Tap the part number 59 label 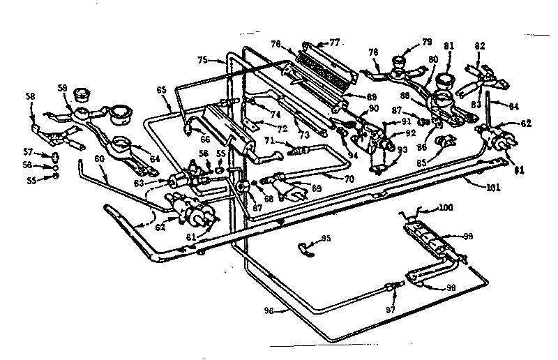pos(62,89)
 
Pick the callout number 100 pos(444,207)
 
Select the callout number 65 pos(161,89)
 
